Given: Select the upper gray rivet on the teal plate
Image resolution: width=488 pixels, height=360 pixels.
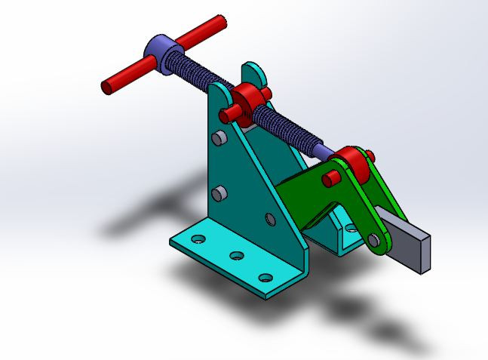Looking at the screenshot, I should (217, 138).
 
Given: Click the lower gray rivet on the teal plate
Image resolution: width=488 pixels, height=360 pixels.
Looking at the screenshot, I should (219, 194).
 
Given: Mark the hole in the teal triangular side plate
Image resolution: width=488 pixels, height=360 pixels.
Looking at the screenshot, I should (271, 219).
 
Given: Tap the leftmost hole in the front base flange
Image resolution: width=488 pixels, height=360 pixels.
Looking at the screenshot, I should (198, 239).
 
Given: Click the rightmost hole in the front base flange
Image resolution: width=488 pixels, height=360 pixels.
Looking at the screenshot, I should (265, 277).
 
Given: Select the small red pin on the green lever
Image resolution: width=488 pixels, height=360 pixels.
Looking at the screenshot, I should (330, 178).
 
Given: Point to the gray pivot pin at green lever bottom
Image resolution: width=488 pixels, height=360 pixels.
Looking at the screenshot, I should (373, 241).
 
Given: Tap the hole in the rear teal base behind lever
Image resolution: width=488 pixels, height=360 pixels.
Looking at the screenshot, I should (349, 225).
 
